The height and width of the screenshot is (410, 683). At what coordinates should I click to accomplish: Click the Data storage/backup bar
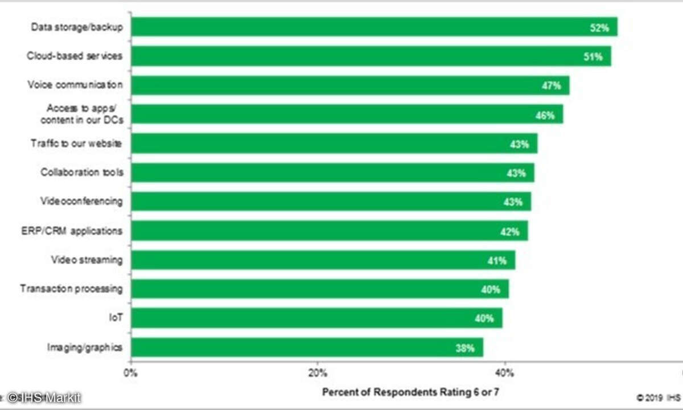point(374,27)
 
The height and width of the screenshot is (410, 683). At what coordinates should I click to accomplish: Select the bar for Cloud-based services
point(371,56)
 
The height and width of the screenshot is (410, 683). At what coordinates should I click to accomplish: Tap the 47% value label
point(551,86)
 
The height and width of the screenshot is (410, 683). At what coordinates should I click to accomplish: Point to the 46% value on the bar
point(545,116)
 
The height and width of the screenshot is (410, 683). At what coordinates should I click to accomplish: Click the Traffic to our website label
point(76,143)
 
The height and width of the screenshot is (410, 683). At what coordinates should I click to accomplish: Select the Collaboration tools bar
point(332,173)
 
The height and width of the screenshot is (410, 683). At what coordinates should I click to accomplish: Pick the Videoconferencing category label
point(81,202)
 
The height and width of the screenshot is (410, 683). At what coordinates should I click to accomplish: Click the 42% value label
point(509,232)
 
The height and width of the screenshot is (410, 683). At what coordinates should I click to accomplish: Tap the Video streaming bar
point(323,260)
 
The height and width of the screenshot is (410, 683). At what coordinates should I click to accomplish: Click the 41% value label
point(497,261)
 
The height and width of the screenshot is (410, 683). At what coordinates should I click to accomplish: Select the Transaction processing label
point(71,289)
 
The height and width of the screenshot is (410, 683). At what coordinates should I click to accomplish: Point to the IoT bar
point(316,318)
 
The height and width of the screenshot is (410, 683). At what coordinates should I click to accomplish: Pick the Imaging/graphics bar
point(307,347)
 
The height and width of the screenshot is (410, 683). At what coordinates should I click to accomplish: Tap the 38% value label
point(465,348)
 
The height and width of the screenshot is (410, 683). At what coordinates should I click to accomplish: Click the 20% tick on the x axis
point(317,374)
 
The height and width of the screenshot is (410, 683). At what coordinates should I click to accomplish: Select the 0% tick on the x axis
point(131,374)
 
